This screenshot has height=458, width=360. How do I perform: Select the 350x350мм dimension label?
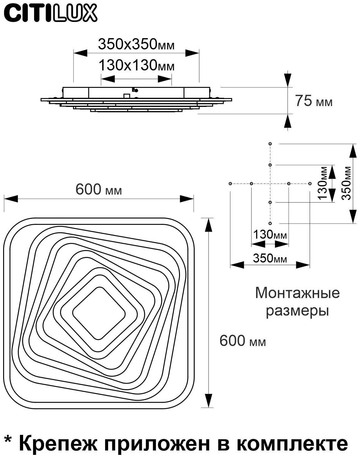coord(136,45)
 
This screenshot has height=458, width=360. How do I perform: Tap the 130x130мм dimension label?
coord(136,66)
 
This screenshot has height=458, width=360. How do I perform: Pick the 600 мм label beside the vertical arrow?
coord(242,341)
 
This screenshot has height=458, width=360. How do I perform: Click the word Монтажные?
coord(297,293)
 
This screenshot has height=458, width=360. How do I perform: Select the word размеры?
coord(297,311)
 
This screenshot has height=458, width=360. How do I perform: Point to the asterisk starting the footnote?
coord(9,439)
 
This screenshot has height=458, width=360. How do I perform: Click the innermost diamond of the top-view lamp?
coord(99,313)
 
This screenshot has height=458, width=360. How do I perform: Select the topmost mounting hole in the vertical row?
coord(270,144)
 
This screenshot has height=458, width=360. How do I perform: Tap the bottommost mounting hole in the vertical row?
coord(270,223)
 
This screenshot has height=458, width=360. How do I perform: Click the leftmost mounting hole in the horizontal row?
coord(230,184)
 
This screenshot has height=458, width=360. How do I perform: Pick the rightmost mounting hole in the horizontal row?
coord(310,184)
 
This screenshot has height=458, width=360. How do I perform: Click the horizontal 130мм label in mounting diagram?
coord(270,234)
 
